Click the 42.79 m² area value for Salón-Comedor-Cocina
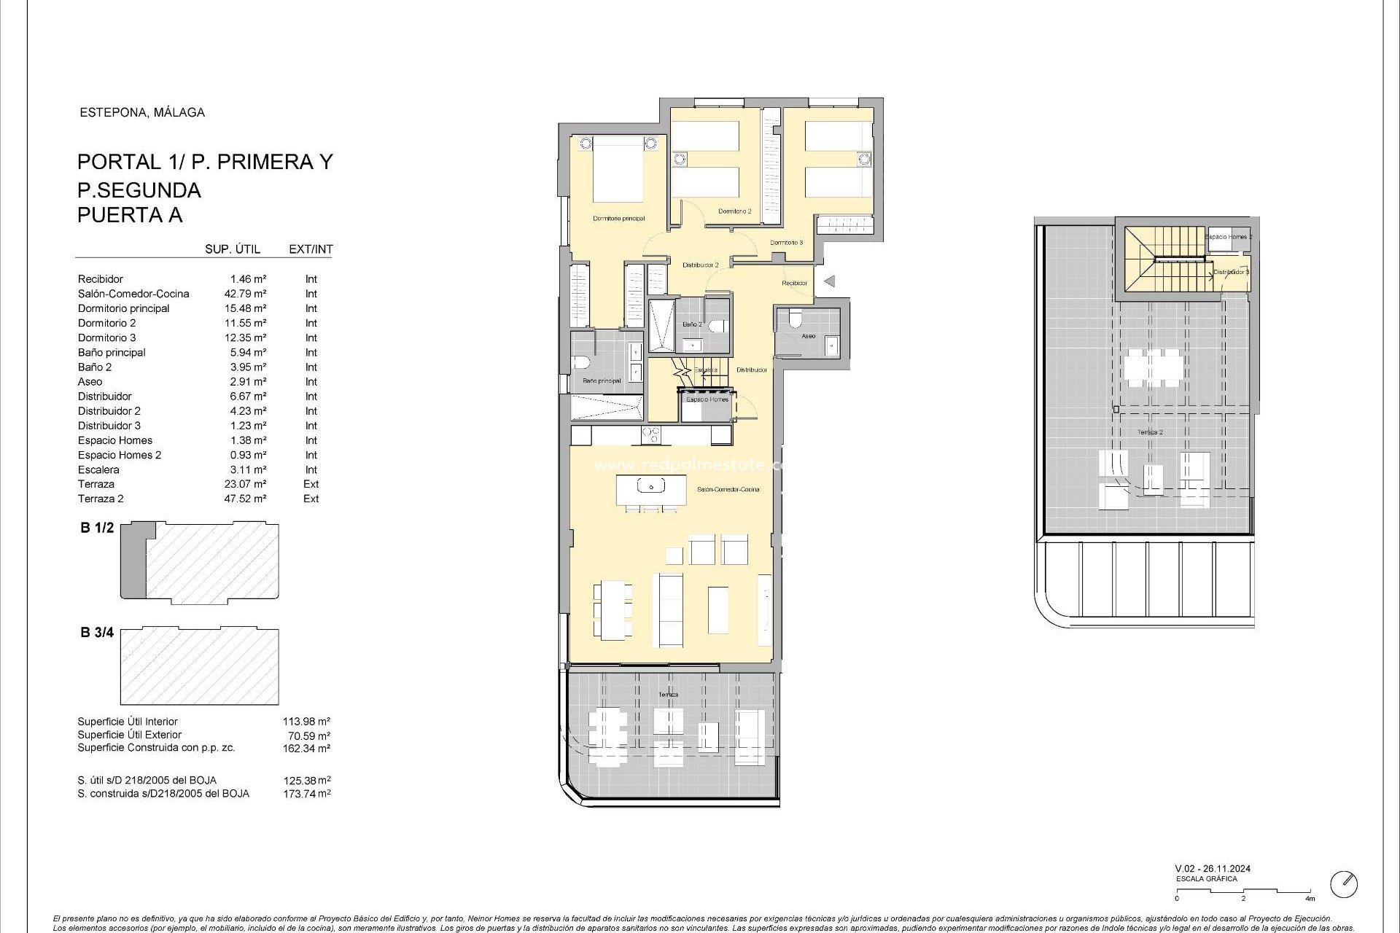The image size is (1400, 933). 245,294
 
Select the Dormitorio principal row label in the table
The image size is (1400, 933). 123,308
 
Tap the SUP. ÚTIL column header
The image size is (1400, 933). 233,249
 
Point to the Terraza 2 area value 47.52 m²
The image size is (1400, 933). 245,499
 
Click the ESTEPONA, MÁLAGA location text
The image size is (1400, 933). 141,112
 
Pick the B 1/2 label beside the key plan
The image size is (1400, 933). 97,528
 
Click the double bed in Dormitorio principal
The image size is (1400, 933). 618,171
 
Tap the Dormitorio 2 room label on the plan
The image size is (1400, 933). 734,211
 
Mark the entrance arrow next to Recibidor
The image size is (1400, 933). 828,281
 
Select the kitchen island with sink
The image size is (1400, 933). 651,490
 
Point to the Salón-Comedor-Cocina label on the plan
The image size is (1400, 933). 728,489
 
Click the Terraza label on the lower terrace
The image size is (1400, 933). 669,695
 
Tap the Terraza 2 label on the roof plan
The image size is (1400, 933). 1151,432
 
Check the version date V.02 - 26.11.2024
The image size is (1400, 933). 1213,869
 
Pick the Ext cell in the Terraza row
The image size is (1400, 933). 311,484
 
